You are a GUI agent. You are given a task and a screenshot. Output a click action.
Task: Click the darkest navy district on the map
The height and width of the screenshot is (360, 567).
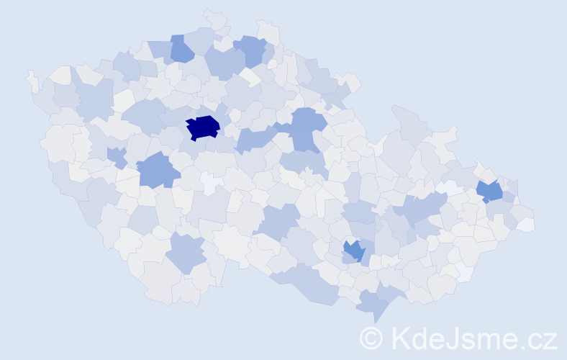[x=202, y=127]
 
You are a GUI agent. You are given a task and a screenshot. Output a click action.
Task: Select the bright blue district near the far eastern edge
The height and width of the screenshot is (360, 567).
[x=490, y=192]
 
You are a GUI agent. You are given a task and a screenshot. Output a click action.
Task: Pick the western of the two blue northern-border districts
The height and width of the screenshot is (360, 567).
[x=181, y=48]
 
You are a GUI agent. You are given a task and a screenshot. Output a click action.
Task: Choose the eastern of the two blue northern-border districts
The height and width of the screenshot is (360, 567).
[x=251, y=50]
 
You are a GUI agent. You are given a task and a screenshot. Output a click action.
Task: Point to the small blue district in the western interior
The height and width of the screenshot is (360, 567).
[x=116, y=156]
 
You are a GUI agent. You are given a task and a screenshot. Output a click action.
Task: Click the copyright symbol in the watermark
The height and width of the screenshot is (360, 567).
[x=371, y=338]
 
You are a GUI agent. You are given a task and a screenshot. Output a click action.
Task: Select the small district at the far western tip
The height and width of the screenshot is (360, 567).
[x=32, y=79]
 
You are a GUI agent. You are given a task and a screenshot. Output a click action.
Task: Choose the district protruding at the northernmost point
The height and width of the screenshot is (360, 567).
[x=214, y=18]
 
